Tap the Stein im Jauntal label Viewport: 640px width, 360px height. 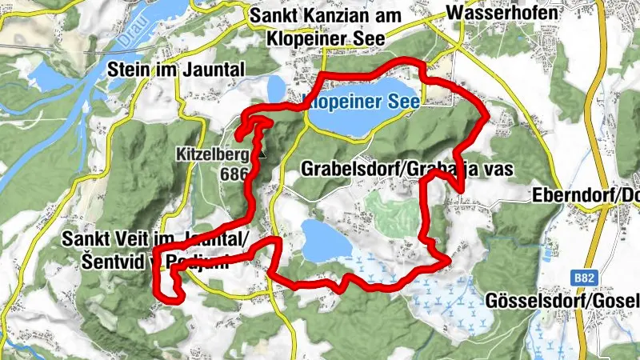(180, 70)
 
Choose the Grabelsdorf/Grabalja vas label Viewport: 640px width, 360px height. (406, 169)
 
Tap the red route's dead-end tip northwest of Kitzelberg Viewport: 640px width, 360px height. (238, 142)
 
